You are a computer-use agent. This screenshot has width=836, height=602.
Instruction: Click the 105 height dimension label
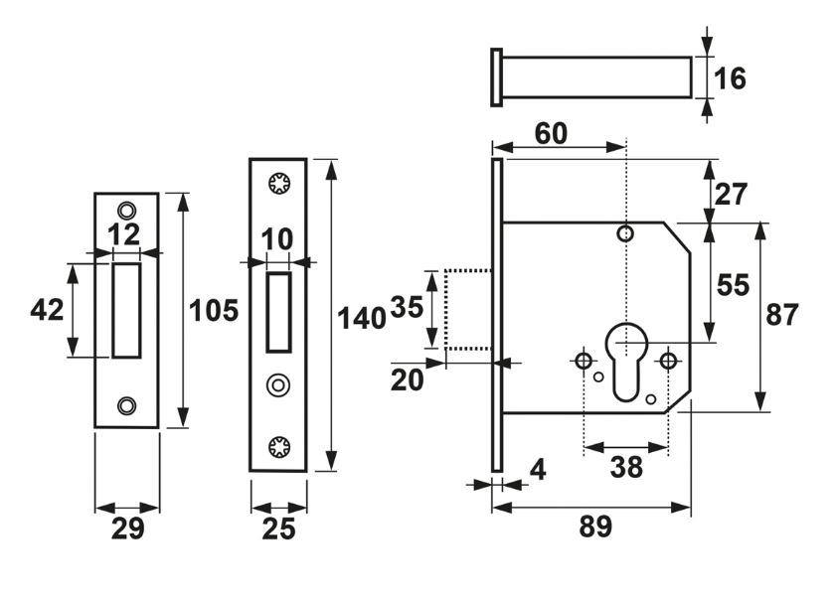(x=214, y=311)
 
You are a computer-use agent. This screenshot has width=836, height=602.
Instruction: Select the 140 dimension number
(x=361, y=319)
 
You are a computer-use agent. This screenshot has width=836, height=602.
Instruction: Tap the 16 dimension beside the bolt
(x=731, y=77)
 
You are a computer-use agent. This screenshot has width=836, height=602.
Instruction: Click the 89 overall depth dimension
(x=595, y=527)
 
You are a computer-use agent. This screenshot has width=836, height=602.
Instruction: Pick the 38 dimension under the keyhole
(x=626, y=467)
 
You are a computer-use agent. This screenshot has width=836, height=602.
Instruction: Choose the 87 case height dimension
(x=782, y=315)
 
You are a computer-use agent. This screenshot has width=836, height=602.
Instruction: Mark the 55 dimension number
(x=733, y=285)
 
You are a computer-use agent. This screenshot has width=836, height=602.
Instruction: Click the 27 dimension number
(x=732, y=194)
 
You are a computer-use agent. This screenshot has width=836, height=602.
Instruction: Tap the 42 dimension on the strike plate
(x=47, y=310)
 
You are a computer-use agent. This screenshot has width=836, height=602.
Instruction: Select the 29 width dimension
(x=127, y=528)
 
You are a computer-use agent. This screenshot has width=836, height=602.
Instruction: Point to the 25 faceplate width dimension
(x=278, y=528)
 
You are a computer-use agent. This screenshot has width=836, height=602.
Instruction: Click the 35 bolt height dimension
(x=407, y=307)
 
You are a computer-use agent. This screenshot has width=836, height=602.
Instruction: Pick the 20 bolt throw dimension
(x=407, y=379)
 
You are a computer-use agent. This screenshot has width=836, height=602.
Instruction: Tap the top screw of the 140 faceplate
(x=277, y=183)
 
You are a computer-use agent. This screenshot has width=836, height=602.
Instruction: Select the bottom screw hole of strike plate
(x=125, y=405)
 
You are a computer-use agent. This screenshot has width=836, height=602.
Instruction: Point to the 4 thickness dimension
(x=538, y=468)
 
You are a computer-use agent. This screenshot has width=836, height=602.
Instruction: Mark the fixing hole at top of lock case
(x=625, y=234)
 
